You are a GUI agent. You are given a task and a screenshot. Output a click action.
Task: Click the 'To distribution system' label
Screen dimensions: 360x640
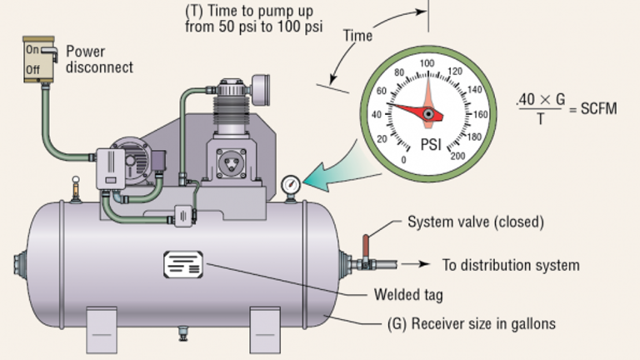click(x=510, y=266)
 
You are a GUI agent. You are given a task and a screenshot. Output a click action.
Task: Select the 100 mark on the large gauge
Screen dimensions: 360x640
click(x=427, y=64)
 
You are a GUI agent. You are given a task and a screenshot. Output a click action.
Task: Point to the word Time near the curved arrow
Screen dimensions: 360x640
click(x=357, y=36)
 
